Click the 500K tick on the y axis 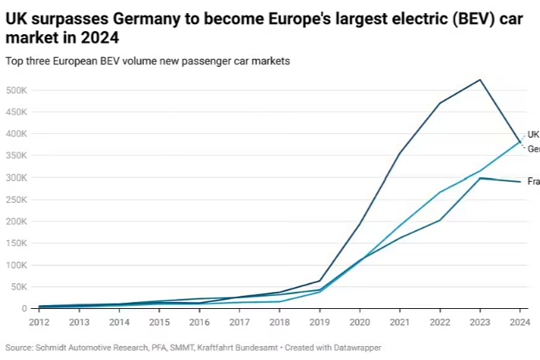point(15,90)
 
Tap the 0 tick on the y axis point(23,308)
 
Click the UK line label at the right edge point(533,134)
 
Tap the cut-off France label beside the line point(533,181)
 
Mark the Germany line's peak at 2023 point(480,80)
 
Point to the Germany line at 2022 point(440,103)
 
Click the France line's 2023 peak point(480,178)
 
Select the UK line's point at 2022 point(440,192)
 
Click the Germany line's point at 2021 point(400,153)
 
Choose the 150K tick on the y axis point(15,242)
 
